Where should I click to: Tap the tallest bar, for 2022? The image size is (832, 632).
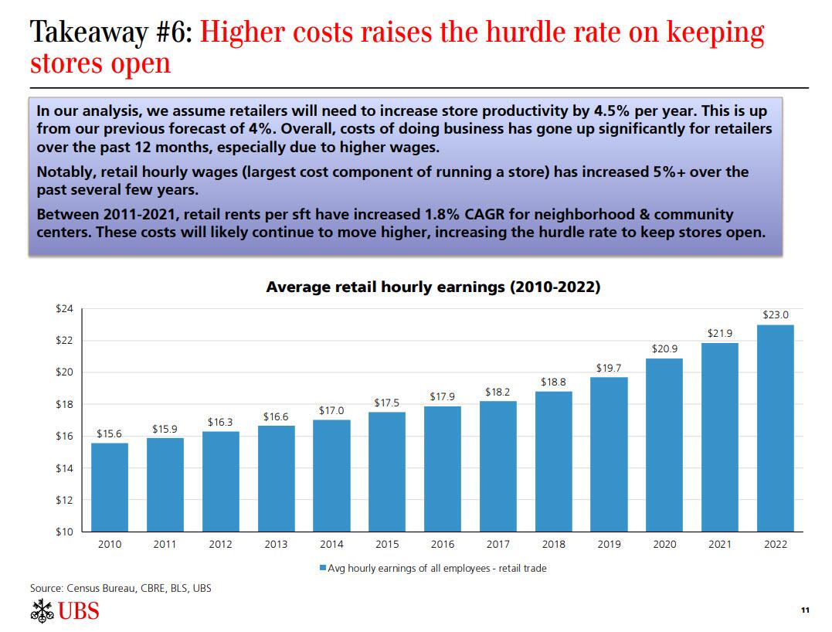click(x=775, y=428)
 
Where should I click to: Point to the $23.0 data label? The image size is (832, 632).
click(x=775, y=315)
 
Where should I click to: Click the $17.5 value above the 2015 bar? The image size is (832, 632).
click(x=386, y=403)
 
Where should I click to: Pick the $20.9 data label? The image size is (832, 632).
click(x=664, y=349)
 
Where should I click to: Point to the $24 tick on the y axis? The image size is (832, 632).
click(x=64, y=309)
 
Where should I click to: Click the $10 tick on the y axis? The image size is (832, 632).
click(x=64, y=532)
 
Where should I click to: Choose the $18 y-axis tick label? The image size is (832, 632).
click(x=64, y=405)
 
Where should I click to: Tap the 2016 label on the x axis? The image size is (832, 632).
click(x=442, y=545)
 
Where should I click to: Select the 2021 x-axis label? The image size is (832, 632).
click(x=719, y=545)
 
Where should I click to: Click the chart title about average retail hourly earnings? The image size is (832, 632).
click(x=433, y=287)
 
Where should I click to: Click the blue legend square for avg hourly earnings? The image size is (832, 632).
click(x=323, y=569)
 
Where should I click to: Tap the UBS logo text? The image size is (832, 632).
click(x=79, y=611)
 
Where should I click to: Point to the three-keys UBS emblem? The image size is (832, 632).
click(x=42, y=610)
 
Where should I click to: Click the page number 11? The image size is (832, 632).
click(x=804, y=611)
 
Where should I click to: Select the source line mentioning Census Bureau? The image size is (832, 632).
click(x=121, y=589)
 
